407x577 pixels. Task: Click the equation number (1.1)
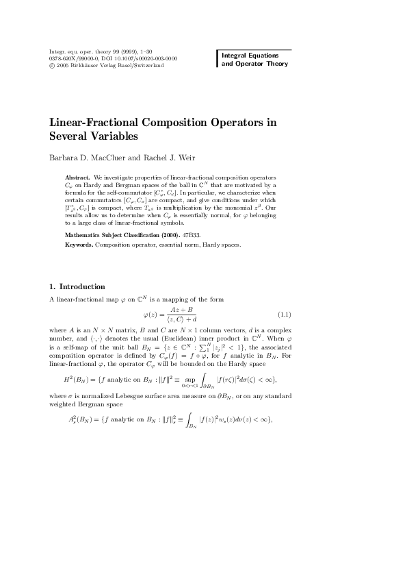(285, 315)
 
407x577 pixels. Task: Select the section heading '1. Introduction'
(77, 286)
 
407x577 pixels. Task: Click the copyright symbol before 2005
(53, 66)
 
